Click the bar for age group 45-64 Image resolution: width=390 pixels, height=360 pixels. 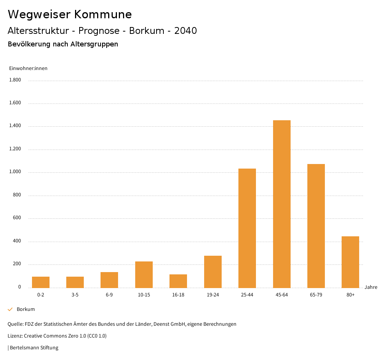[x=281, y=204]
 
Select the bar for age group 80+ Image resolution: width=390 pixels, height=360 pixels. [x=350, y=262]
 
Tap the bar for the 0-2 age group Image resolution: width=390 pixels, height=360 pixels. [x=41, y=282]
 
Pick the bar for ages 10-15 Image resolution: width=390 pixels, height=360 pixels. [x=144, y=274]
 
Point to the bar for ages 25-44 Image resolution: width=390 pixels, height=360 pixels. [x=247, y=228]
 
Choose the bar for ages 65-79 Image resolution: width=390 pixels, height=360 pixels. [x=316, y=226]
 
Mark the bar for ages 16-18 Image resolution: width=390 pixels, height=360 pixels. [x=178, y=281]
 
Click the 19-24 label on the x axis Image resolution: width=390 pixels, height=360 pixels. [x=213, y=295]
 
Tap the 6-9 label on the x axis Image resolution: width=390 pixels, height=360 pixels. [x=109, y=295]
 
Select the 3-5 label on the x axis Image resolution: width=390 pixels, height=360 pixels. [x=75, y=295]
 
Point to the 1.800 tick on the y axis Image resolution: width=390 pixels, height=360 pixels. [x=15, y=80]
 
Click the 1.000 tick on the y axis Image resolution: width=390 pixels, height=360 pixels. [x=15, y=172]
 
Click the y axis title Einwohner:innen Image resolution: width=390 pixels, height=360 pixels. [x=28, y=68]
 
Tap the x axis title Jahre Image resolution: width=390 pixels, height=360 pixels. [x=371, y=287]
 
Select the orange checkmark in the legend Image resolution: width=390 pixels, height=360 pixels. [x=10, y=309]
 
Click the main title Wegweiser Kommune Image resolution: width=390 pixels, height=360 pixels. [x=70, y=14]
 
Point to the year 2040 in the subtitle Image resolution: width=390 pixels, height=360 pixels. [x=185, y=31]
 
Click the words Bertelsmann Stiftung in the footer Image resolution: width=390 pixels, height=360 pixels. [x=34, y=347]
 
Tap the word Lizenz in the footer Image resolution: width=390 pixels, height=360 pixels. [x=15, y=336]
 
